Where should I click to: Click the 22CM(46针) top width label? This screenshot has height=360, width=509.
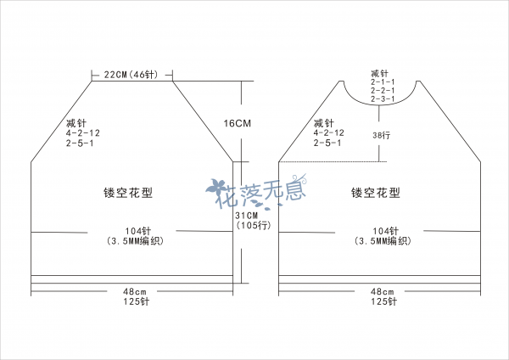pyautogui.click(x=131, y=75)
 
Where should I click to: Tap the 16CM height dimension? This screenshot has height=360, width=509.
pyautogui.click(x=238, y=123)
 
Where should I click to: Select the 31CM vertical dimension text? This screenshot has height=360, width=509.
pyautogui.click(x=247, y=216)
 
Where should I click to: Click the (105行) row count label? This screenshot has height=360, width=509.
pyautogui.click(x=254, y=225)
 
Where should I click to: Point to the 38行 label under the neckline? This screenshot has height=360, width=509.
pyautogui.click(x=382, y=135)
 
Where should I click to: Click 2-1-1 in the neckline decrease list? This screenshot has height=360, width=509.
pyautogui.click(x=383, y=82)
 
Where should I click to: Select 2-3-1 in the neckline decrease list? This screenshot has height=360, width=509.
pyautogui.click(x=383, y=98)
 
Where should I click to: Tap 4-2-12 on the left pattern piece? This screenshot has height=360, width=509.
pyautogui.click(x=83, y=133)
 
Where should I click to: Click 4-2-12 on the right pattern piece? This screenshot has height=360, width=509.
pyautogui.click(x=328, y=133)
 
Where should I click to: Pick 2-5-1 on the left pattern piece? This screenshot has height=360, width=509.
pyautogui.click(x=80, y=143)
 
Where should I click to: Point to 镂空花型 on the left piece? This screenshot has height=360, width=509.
pyautogui.click(x=128, y=193)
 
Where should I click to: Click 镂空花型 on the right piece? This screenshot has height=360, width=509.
pyautogui.click(x=376, y=193)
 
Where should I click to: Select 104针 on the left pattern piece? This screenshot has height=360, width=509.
pyautogui.click(x=138, y=231)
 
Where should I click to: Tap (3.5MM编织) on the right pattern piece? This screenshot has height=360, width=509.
pyautogui.click(x=383, y=241)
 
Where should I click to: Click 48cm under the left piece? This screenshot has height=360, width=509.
pyautogui.click(x=135, y=291)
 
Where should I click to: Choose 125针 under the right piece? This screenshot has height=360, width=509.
pyautogui.click(x=383, y=301)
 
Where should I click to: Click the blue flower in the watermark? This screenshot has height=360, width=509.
pyautogui.click(x=216, y=187)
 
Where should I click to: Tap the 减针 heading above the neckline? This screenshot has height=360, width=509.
pyautogui.click(x=379, y=73)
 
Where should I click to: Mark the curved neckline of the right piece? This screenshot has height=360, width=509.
pyautogui.click(x=379, y=104)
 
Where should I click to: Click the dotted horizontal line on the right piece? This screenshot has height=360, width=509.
pyautogui.click(x=333, y=162)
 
